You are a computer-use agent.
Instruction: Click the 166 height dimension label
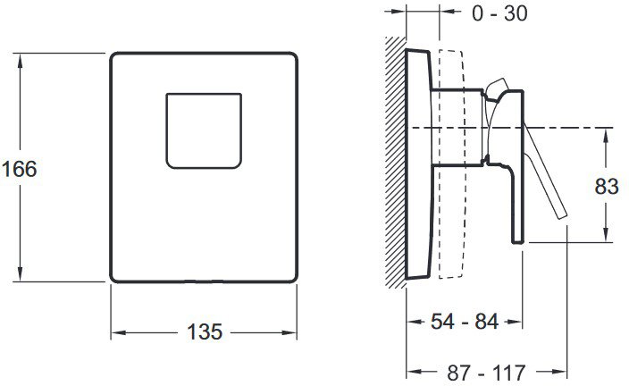20,169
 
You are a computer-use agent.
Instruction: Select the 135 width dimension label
205,331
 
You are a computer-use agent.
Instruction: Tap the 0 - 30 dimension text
499,13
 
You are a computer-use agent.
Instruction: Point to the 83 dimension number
606,186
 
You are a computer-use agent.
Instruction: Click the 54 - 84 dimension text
465,322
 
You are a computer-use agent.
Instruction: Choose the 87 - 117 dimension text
486,373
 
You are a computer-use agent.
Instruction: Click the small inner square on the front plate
204,130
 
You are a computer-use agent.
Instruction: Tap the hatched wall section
396,162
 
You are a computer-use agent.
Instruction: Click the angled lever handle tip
562,215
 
